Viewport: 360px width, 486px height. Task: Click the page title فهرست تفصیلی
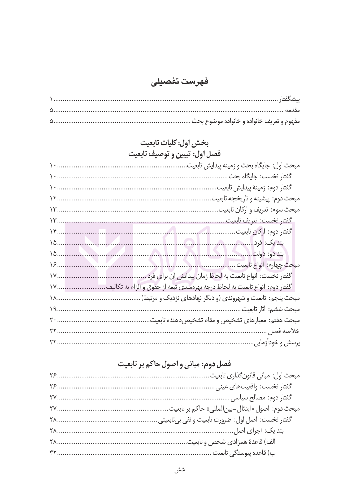180,81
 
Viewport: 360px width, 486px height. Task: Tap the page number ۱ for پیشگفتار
52,100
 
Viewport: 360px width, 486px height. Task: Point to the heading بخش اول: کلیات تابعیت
174,143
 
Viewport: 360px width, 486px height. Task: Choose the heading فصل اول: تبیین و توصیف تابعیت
174,154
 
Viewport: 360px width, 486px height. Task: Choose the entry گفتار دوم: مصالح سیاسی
261,398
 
